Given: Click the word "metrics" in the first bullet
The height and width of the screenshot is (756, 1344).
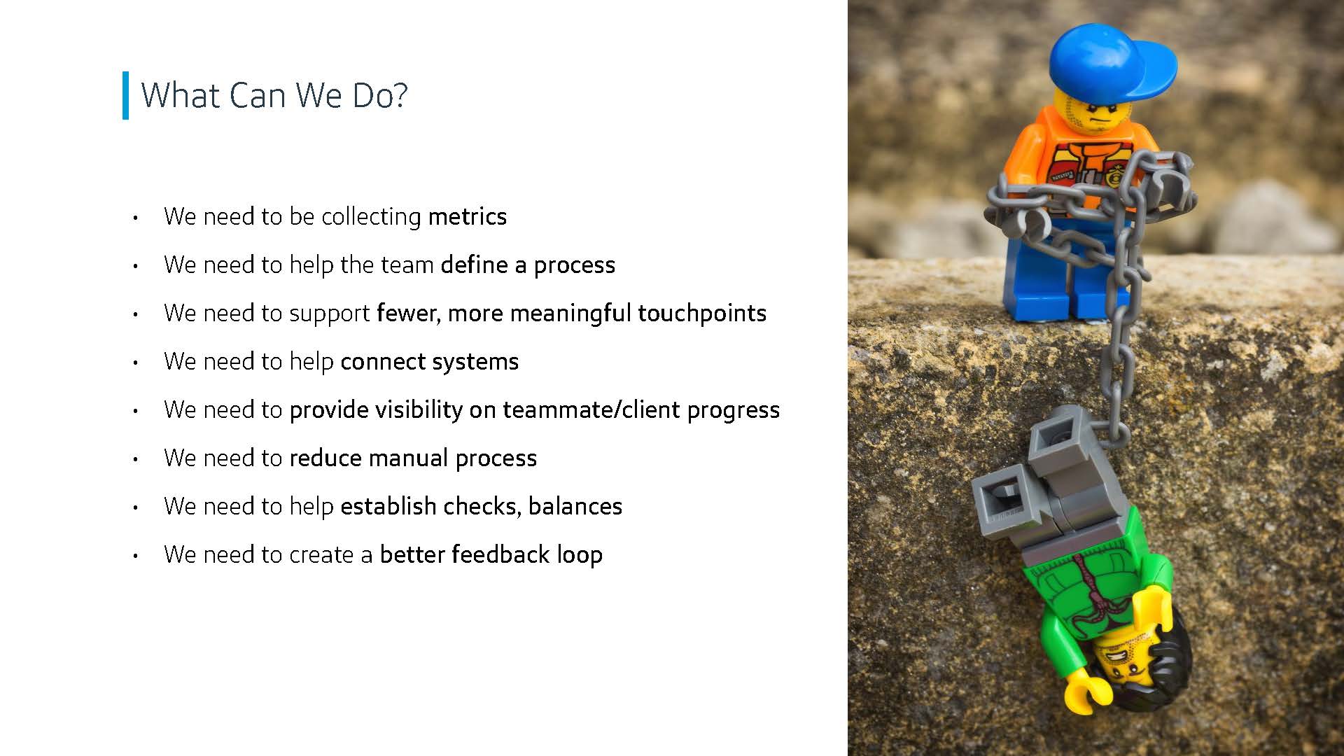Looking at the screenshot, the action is pyautogui.click(x=467, y=216).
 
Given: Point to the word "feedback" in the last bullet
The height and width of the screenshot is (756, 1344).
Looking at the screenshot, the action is pyautogui.click(x=500, y=554).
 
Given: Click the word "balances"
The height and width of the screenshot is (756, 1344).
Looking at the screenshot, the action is pyautogui.click(x=575, y=506).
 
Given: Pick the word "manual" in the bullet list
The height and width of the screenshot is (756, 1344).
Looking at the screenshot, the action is pyautogui.click(x=408, y=458).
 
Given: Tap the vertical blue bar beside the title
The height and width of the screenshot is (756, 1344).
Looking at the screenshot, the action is pyautogui.click(x=125, y=95).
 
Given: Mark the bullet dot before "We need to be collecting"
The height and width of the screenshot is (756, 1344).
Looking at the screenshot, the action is pyautogui.click(x=135, y=218).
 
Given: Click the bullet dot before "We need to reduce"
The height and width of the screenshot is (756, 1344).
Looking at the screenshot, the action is pyautogui.click(x=135, y=459).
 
